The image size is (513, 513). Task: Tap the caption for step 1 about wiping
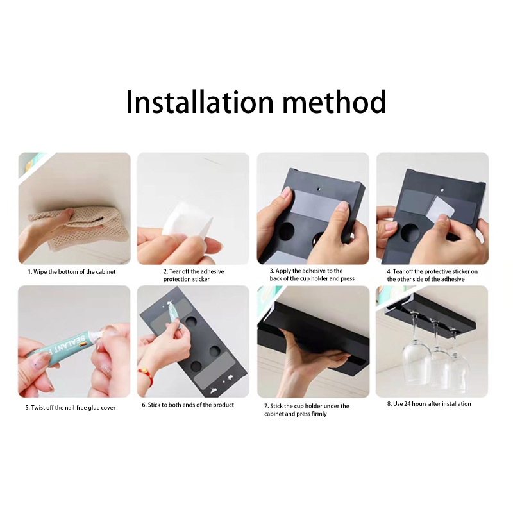(71, 271)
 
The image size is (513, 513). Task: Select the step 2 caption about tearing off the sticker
(193, 275)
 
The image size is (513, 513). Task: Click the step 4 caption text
(432, 275)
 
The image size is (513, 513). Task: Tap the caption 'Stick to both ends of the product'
(188, 405)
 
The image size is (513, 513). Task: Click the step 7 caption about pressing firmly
(307, 410)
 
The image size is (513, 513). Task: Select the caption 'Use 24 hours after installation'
(429, 404)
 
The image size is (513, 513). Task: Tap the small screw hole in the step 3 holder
(319, 190)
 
